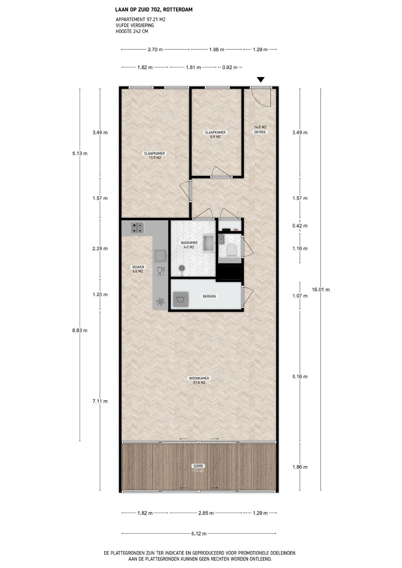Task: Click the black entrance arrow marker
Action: click(261, 80)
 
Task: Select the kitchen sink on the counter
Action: click(160, 256)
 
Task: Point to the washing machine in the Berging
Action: click(181, 299)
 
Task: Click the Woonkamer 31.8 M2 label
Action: click(199, 380)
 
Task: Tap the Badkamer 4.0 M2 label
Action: click(189, 245)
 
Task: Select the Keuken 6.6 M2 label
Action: click(138, 269)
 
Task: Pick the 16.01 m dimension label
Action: click(321, 290)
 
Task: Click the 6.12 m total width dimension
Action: click(199, 534)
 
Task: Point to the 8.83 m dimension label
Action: click(80, 330)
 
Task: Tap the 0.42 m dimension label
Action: click(300, 226)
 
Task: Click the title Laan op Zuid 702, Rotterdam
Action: click(154, 10)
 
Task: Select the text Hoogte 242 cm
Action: click(132, 31)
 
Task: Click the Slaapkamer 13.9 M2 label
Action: click(155, 156)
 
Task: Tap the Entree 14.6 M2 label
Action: click(260, 130)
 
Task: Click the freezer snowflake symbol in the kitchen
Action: click(160, 302)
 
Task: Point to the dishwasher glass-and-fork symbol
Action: click(161, 271)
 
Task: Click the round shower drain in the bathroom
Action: click(182, 268)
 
